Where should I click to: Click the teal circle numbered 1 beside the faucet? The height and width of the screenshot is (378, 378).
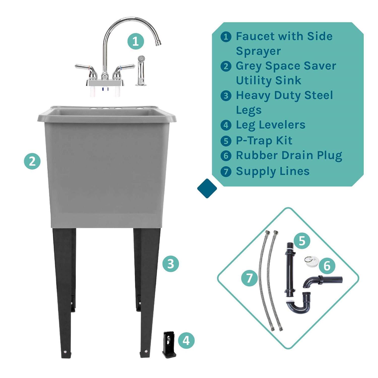(135, 41)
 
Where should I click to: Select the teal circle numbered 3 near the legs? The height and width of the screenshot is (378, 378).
(171, 264)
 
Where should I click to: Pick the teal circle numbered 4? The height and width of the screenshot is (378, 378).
(186, 341)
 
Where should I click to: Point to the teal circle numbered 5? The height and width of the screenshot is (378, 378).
(302, 241)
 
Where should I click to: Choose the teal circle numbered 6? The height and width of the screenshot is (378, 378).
(327, 266)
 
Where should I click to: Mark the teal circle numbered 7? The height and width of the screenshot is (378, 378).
(249, 278)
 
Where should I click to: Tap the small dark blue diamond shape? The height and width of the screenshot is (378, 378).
(207, 188)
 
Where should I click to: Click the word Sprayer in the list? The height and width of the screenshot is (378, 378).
(258, 51)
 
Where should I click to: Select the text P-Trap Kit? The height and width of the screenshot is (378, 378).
(264, 141)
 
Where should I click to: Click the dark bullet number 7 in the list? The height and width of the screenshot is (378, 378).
(226, 172)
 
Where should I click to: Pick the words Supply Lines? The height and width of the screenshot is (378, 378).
(272, 171)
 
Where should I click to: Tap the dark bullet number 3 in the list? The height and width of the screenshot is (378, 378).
(226, 96)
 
